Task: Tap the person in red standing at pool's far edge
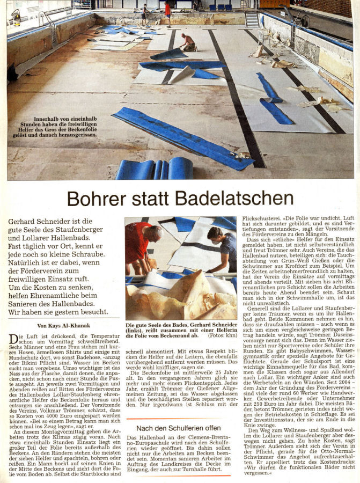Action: [168, 12]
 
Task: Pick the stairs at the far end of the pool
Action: [251, 19]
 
